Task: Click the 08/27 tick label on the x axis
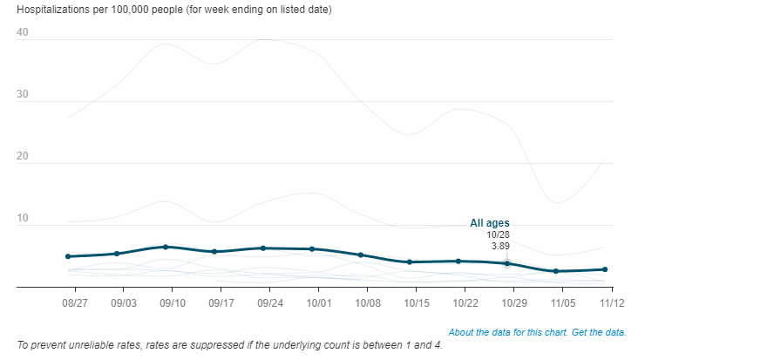(x=75, y=303)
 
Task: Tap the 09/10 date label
(x=173, y=303)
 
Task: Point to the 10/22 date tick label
(x=465, y=303)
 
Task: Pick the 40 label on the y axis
(x=23, y=33)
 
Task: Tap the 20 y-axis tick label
(x=23, y=157)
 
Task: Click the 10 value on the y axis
(x=23, y=219)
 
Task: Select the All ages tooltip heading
(x=490, y=223)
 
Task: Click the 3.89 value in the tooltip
(x=500, y=246)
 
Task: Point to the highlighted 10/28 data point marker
(x=507, y=263)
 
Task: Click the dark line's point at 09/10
(x=166, y=247)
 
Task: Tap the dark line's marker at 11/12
(x=605, y=269)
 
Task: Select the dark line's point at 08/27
(x=68, y=256)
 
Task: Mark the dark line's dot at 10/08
(x=361, y=255)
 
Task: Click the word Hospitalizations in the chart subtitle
(x=52, y=10)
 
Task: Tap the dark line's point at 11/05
(x=556, y=271)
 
